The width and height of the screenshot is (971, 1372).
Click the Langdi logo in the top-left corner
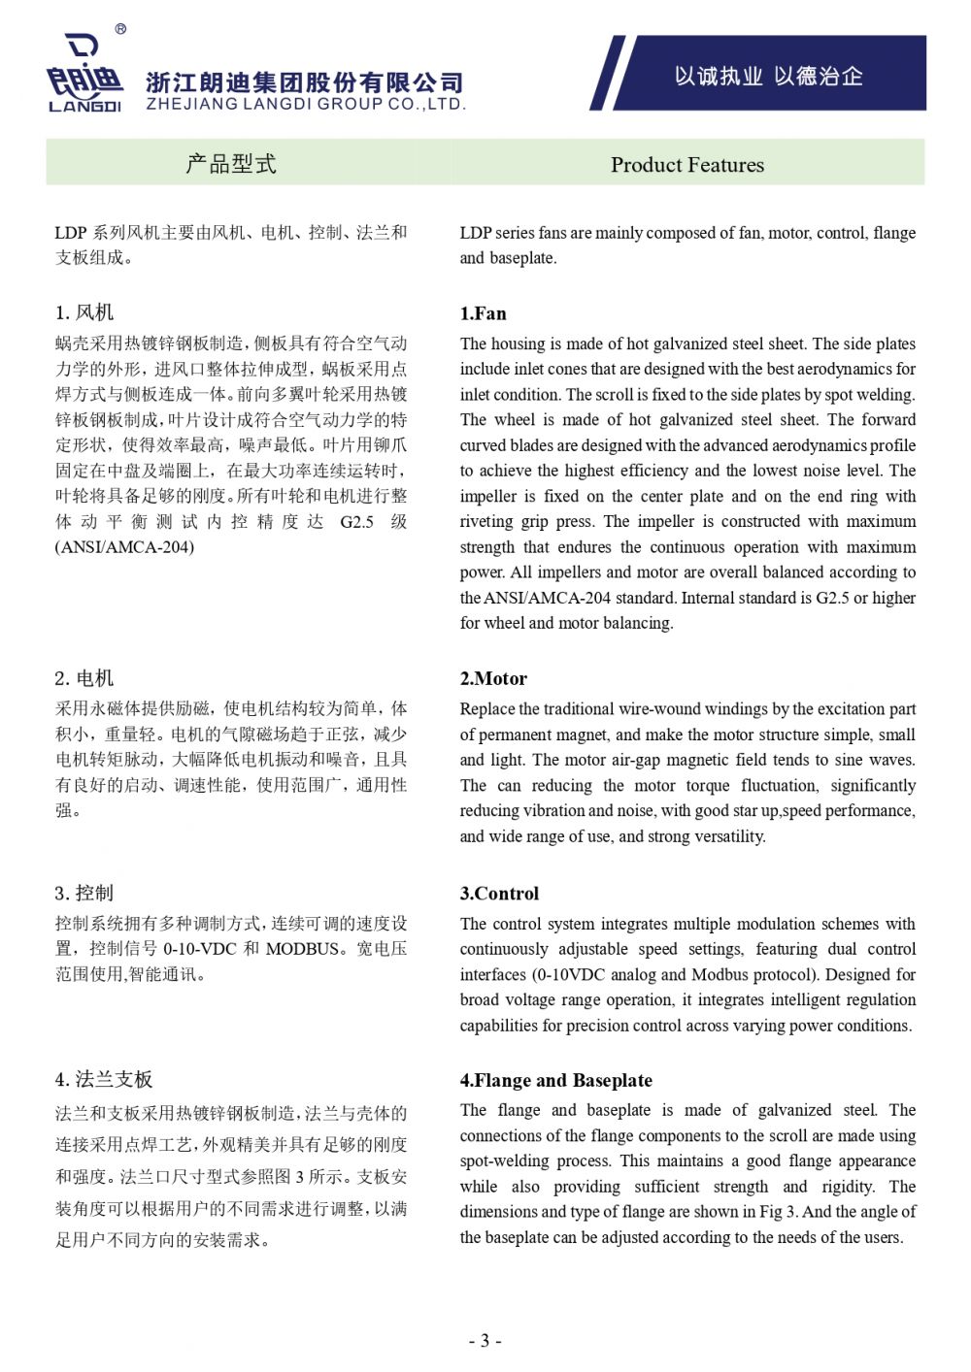pos(84,75)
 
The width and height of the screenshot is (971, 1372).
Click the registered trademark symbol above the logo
pos(120,29)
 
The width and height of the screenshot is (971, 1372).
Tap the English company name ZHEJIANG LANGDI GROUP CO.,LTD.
pos(306,104)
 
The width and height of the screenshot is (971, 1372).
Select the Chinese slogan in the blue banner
pos(768,77)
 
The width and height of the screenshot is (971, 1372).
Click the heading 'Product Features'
pos(686,165)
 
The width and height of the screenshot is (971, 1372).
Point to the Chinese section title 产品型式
pos(231,164)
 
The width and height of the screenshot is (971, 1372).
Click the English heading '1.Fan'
pos(483,313)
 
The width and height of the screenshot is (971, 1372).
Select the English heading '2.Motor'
pos(493,678)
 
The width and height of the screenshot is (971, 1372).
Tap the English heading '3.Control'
pos(499,894)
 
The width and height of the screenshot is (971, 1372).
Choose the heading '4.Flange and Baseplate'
pos(555,1080)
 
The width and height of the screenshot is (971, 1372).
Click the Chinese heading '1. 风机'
pos(84,312)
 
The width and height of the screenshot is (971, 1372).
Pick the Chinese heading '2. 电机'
pos(84,678)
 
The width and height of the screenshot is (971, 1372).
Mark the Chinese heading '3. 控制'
pos(84,894)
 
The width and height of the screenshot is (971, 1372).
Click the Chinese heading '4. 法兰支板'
pos(104,1080)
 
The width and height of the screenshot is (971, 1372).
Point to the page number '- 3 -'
pos(485,1341)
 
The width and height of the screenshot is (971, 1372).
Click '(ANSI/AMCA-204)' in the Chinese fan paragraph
pos(124,547)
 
